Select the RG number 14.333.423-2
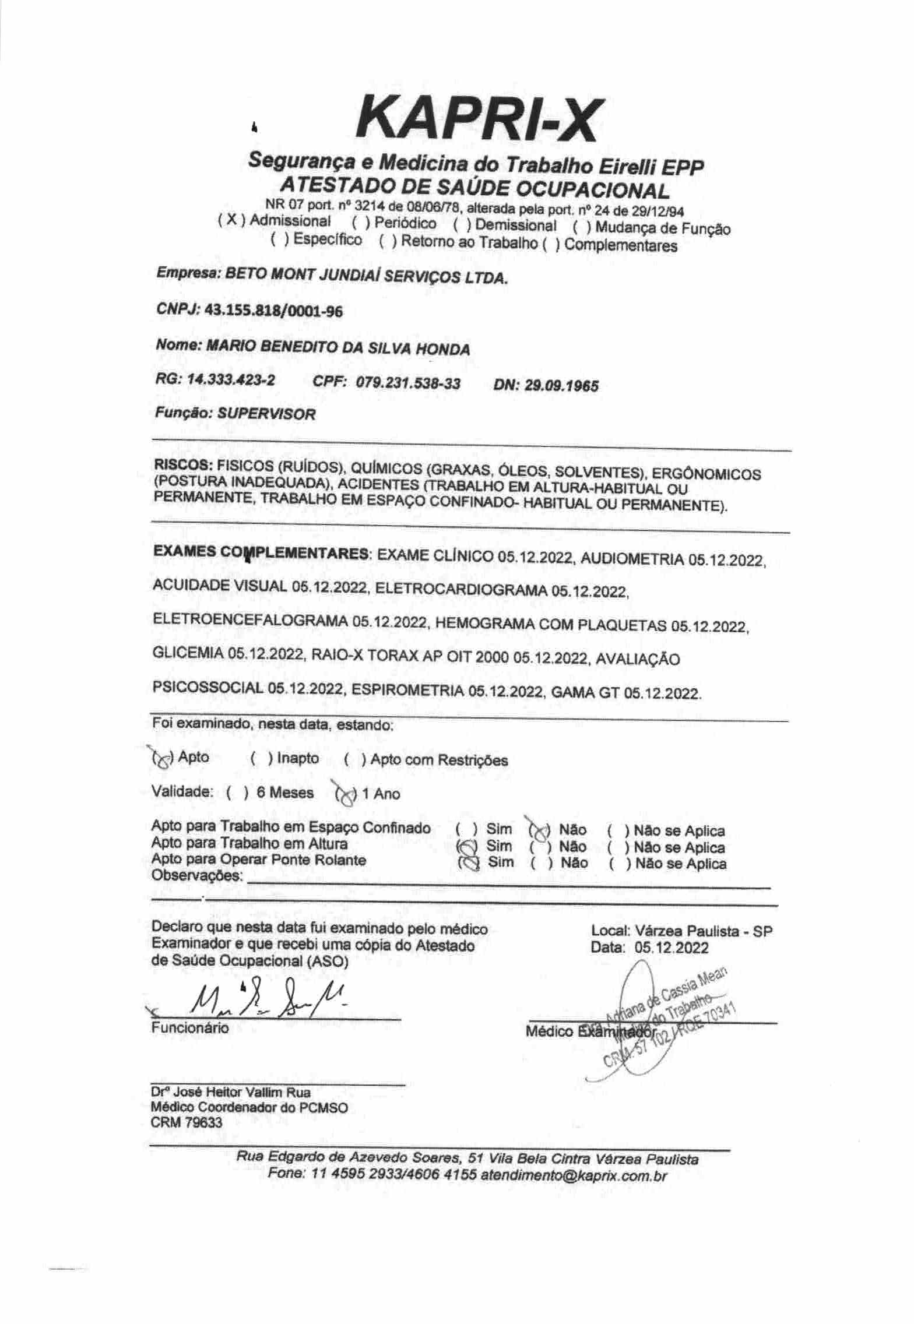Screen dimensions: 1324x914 [231, 381]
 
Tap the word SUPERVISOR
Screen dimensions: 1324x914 [266, 414]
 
